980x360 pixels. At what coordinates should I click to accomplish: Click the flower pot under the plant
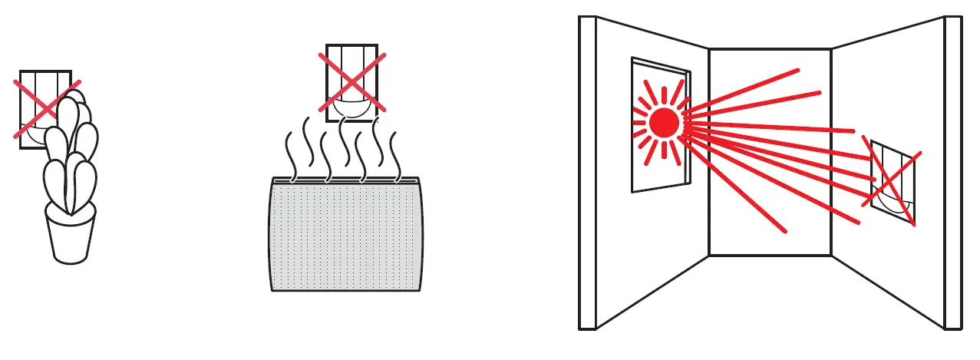[71, 234]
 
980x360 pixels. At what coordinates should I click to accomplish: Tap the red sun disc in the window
[664, 123]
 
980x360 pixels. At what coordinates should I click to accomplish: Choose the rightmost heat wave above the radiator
[395, 154]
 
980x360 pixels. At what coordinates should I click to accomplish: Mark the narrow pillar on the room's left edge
[587, 173]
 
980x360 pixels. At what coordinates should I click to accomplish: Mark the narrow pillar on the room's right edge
[952, 173]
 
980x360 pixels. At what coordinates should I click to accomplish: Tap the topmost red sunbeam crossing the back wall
[756, 84]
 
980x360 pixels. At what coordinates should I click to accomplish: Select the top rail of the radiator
[345, 180]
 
